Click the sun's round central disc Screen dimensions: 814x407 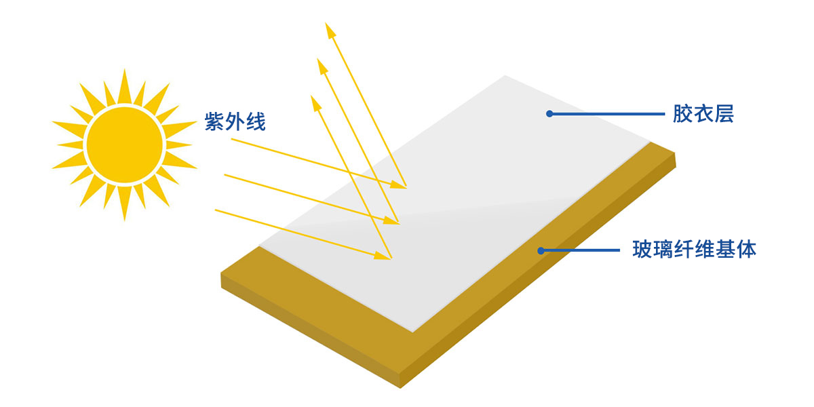tap(125, 145)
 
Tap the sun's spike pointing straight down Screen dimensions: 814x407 tap(125, 203)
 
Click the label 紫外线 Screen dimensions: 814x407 tap(235, 121)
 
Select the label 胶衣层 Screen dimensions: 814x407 tap(703, 114)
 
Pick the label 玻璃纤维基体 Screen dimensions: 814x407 tap(694, 250)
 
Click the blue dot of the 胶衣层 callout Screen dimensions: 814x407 tap(549, 114)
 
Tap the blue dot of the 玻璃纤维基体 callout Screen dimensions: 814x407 tap(541, 250)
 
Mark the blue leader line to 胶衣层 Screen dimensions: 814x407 tap(607, 114)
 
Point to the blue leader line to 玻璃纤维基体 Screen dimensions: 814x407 tap(580, 250)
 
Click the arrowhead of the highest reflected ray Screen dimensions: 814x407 tap(330, 30)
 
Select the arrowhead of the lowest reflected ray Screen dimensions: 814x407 tap(315, 103)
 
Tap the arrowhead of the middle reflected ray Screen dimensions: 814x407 tap(322, 66)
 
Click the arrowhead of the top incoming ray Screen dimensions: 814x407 tap(398, 185)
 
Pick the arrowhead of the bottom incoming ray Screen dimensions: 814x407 tap(383, 256)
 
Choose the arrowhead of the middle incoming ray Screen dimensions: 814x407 tap(391, 220)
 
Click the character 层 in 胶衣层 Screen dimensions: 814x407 tap(724, 114)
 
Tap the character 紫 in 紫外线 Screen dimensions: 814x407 tap(214, 121)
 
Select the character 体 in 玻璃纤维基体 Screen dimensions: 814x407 tap(746, 250)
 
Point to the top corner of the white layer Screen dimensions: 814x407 tap(505, 76)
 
